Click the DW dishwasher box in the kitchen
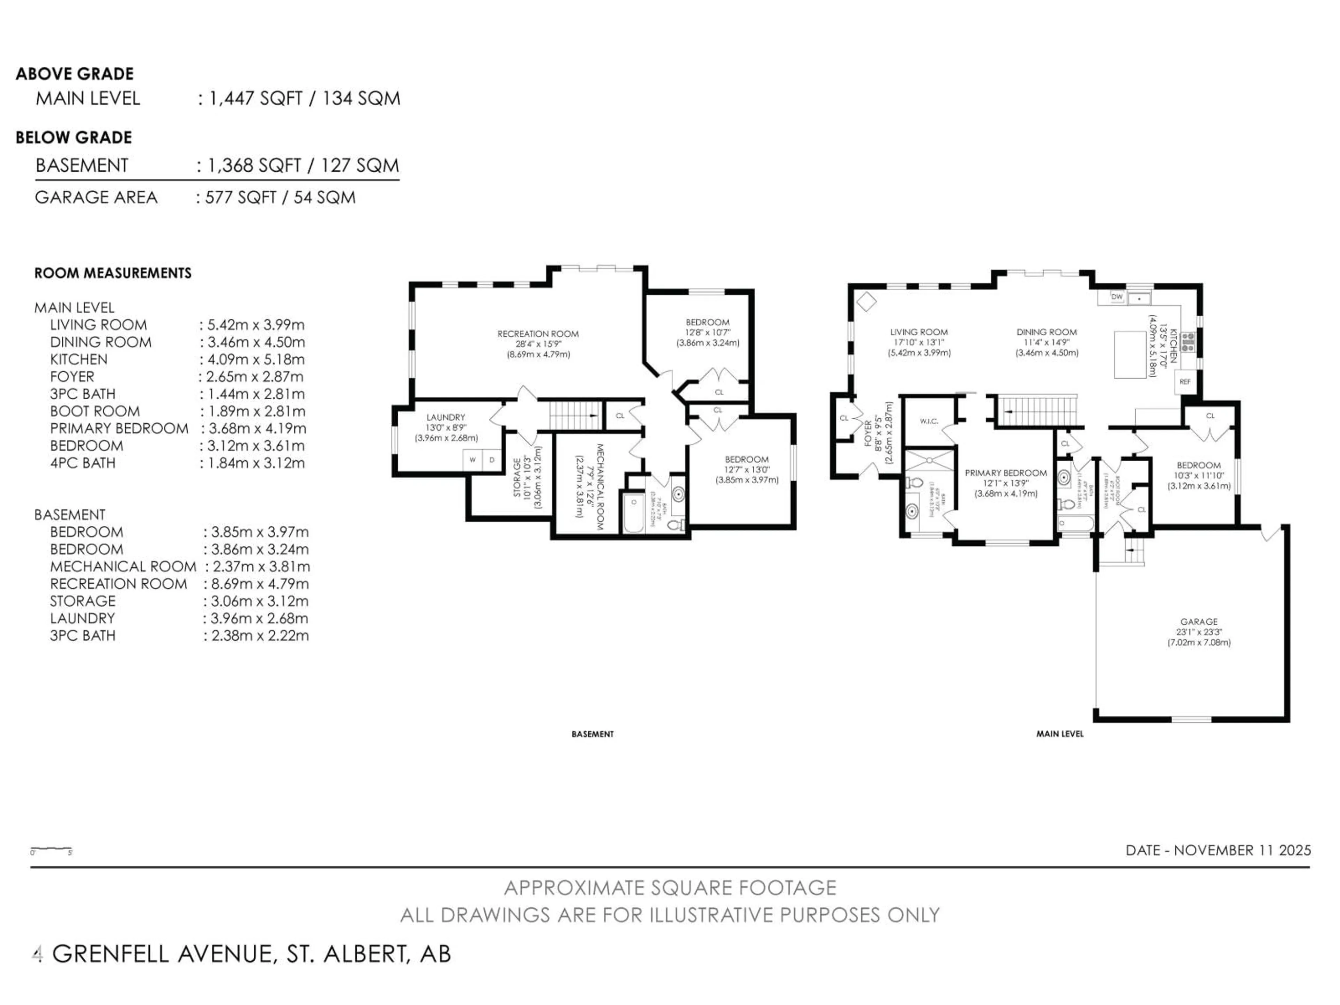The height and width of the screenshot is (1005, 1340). (1116, 297)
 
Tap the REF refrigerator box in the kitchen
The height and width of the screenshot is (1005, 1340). (1185, 382)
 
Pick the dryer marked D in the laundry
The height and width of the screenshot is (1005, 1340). (492, 460)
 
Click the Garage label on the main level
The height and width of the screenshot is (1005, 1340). (1198, 621)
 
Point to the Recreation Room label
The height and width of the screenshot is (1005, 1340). (538, 334)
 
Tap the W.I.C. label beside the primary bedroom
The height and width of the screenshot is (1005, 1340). (929, 421)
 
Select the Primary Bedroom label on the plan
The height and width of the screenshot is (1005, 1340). (1006, 473)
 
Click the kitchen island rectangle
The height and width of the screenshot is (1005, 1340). (1130, 355)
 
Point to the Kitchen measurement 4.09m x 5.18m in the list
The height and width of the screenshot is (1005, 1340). (256, 359)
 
